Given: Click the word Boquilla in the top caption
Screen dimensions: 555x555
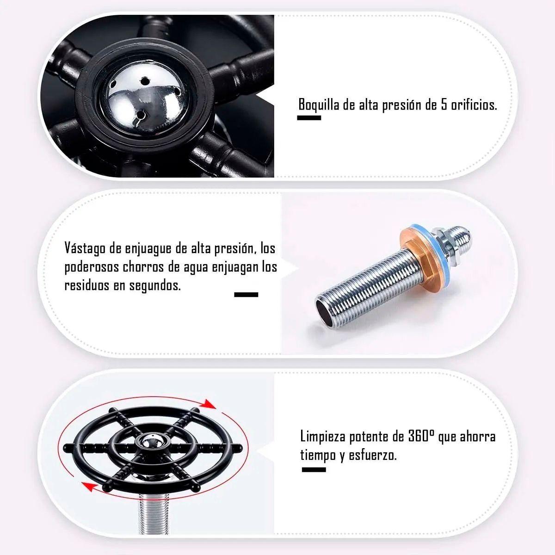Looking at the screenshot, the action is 319,105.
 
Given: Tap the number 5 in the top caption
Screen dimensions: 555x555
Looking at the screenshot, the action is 444,105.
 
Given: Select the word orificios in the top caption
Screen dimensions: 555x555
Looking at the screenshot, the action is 474,105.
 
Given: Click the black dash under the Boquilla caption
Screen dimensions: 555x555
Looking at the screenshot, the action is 309,118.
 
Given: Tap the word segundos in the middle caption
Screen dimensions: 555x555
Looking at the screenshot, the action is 155,286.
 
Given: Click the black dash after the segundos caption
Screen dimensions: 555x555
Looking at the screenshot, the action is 246,295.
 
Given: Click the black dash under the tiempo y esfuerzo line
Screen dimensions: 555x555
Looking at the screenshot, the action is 314,469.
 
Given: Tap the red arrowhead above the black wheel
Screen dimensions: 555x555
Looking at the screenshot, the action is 208,404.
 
